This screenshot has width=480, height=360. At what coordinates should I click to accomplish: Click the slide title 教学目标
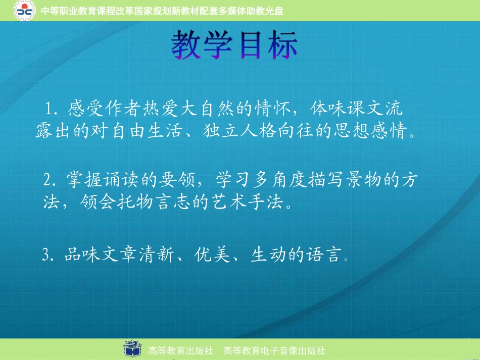pyautogui.click(x=234, y=45)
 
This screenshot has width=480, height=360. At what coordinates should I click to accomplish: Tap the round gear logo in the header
pyautogui.click(x=24, y=10)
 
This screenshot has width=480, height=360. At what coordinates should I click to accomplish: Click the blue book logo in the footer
pyautogui.click(x=132, y=348)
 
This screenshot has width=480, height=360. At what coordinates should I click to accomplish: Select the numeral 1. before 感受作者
pyautogui.click(x=51, y=109)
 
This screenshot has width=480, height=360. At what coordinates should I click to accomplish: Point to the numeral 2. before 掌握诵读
pyautogui.click(x=50, y=180)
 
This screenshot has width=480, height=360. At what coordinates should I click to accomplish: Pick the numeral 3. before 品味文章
pyautogui.click(x=49, y=254)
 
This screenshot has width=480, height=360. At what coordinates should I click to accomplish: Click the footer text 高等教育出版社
pyautogui.click(x=180, y=350)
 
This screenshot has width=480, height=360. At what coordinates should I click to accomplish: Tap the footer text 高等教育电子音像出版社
pyautogui.click(x=274, y=350)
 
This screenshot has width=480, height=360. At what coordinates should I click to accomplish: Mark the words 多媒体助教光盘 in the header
pyautogui.click(x=251, y=11)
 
